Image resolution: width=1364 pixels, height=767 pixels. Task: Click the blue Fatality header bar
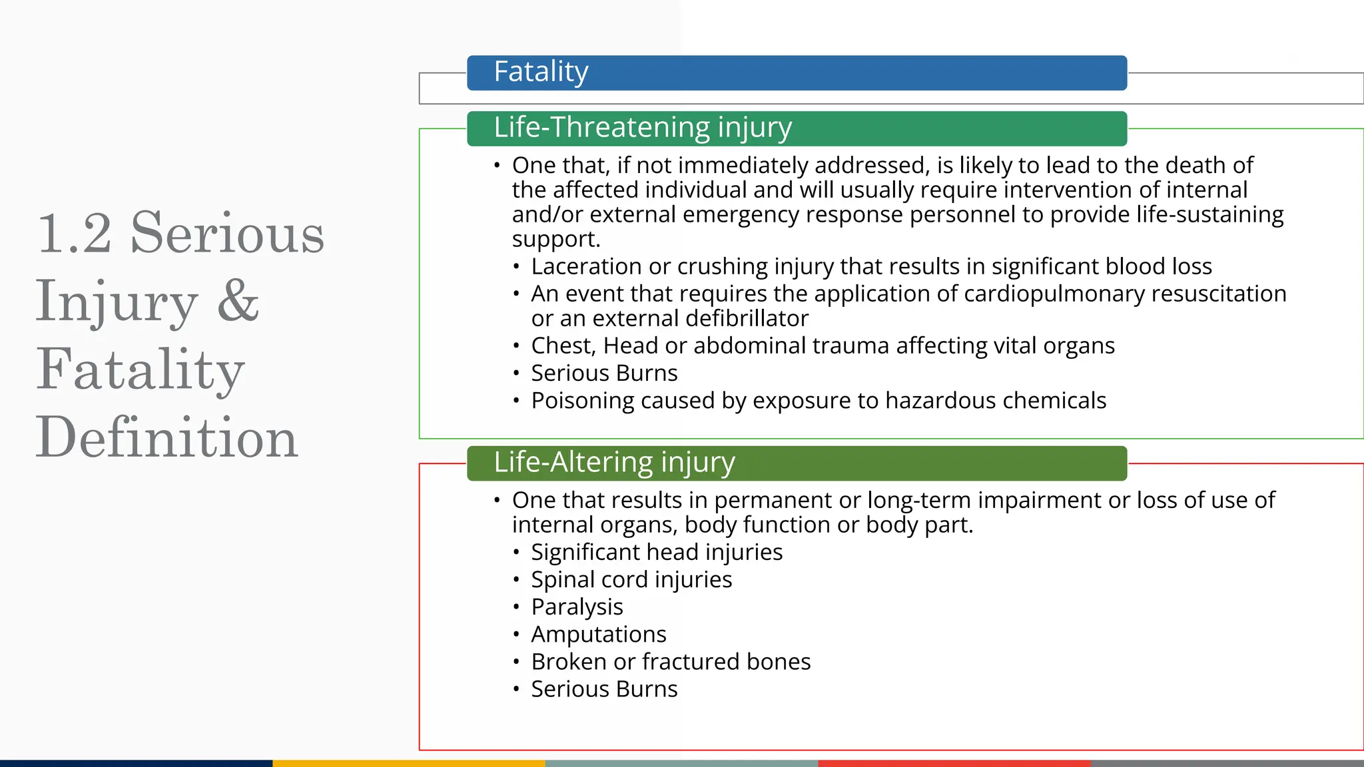797,73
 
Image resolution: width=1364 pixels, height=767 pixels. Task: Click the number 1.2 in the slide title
75,234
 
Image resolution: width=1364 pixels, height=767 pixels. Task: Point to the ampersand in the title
238,300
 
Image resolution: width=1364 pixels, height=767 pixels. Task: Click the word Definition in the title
167,437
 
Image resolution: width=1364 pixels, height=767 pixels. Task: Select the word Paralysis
577,607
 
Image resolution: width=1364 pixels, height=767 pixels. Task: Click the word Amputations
598,634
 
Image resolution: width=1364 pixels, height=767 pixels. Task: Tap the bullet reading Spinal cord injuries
631,579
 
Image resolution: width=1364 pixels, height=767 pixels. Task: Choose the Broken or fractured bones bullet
670,661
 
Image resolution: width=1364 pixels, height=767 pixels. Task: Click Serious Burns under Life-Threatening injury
603,373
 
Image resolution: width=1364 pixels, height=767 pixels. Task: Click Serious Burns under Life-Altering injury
603,688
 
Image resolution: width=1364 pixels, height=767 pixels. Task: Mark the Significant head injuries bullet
656,552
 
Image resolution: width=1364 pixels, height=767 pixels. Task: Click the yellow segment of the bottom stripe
409,763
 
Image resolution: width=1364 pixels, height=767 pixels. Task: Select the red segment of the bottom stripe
954,763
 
